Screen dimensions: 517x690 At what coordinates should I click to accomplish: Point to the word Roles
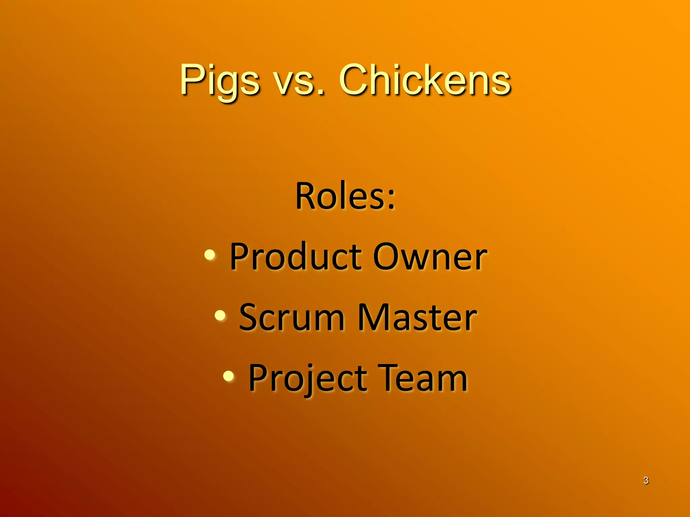(x=340, y=196)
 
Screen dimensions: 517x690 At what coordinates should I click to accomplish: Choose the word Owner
(x=430, y=256)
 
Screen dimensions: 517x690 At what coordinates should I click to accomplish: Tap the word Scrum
(x=292, y=317)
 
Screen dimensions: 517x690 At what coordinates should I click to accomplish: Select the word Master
(x=417, y=317)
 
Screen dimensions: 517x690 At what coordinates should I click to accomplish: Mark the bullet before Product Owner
(x=210, y=254)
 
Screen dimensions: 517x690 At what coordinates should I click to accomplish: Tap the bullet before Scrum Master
(x=220, y=315)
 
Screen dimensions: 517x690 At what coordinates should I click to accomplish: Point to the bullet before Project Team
(x=229, y=376)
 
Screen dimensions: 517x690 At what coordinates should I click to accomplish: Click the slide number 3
(x=646, y=480)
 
